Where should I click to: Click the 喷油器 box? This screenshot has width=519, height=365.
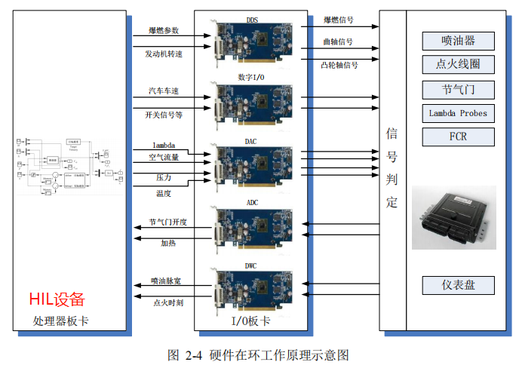[458, 41]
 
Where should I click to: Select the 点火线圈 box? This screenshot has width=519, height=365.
[458, 65]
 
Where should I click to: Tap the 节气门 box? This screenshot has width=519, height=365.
[458, 90]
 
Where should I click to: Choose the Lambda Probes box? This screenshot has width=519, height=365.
[458, 113]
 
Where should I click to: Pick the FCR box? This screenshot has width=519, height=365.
[458, 137]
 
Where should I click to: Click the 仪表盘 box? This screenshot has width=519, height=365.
[458, 285]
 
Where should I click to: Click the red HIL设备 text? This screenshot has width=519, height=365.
[57, 299]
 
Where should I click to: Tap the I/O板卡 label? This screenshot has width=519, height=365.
[251, 321]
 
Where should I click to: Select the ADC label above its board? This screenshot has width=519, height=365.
[251, 203]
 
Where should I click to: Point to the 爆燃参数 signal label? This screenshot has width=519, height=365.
[164, 30]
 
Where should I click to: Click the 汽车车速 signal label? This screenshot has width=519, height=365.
[164, 91]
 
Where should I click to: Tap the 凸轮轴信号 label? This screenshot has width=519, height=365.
[339, 65]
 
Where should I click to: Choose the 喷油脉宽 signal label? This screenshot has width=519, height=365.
[166, 281]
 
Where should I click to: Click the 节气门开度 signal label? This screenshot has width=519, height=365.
[167, 222]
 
